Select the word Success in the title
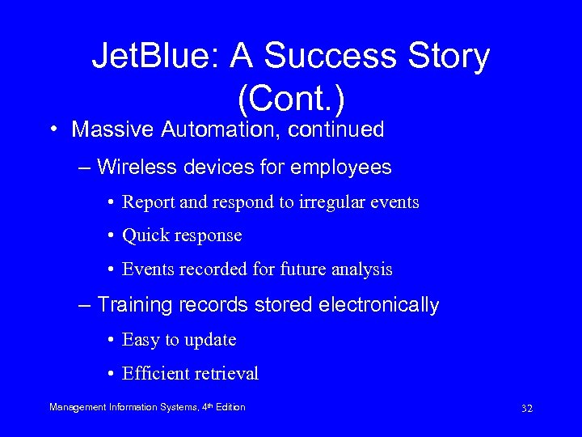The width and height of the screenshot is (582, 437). coord(333,57)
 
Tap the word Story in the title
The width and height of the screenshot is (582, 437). coord(449,57)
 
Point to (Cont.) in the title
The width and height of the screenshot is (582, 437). coord(291,98)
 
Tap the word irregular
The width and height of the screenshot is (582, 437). coord(324,202)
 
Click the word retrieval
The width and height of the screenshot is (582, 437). coord(227,374)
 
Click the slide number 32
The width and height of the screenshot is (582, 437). coord(526,408)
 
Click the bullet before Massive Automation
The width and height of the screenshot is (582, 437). coord(53,130)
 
